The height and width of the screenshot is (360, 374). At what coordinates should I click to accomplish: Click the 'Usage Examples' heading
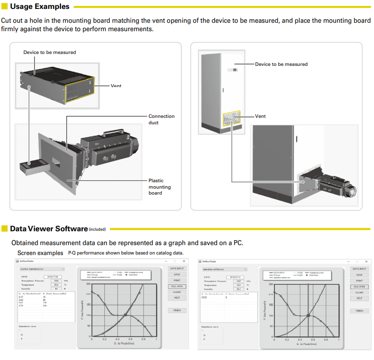(x=40, y=6)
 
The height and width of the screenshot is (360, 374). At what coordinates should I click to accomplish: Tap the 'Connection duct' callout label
(x=161, y=119)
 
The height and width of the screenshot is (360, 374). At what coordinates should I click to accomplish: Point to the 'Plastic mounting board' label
(x=160, y=187)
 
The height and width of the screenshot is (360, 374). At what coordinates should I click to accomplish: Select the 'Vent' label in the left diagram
(x=116, y=86)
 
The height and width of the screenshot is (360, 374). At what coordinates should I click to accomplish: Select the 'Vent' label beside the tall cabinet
(x=260, y=116)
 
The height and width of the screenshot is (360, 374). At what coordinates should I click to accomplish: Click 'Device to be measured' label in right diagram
(x=281, y=64)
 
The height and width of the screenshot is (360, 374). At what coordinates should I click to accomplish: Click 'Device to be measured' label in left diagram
(x=49, y=52)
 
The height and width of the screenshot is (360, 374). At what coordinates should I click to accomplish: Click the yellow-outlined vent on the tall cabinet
(x=232, y=120)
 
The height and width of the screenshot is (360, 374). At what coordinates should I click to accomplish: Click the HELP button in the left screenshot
(x=177, y=298)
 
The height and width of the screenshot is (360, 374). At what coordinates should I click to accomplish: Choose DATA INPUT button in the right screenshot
(x=360, y=269)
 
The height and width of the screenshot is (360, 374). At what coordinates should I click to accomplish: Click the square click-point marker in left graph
(x=126, y=315)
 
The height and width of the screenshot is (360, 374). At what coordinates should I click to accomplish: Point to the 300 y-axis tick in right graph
(x=271, y=284)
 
